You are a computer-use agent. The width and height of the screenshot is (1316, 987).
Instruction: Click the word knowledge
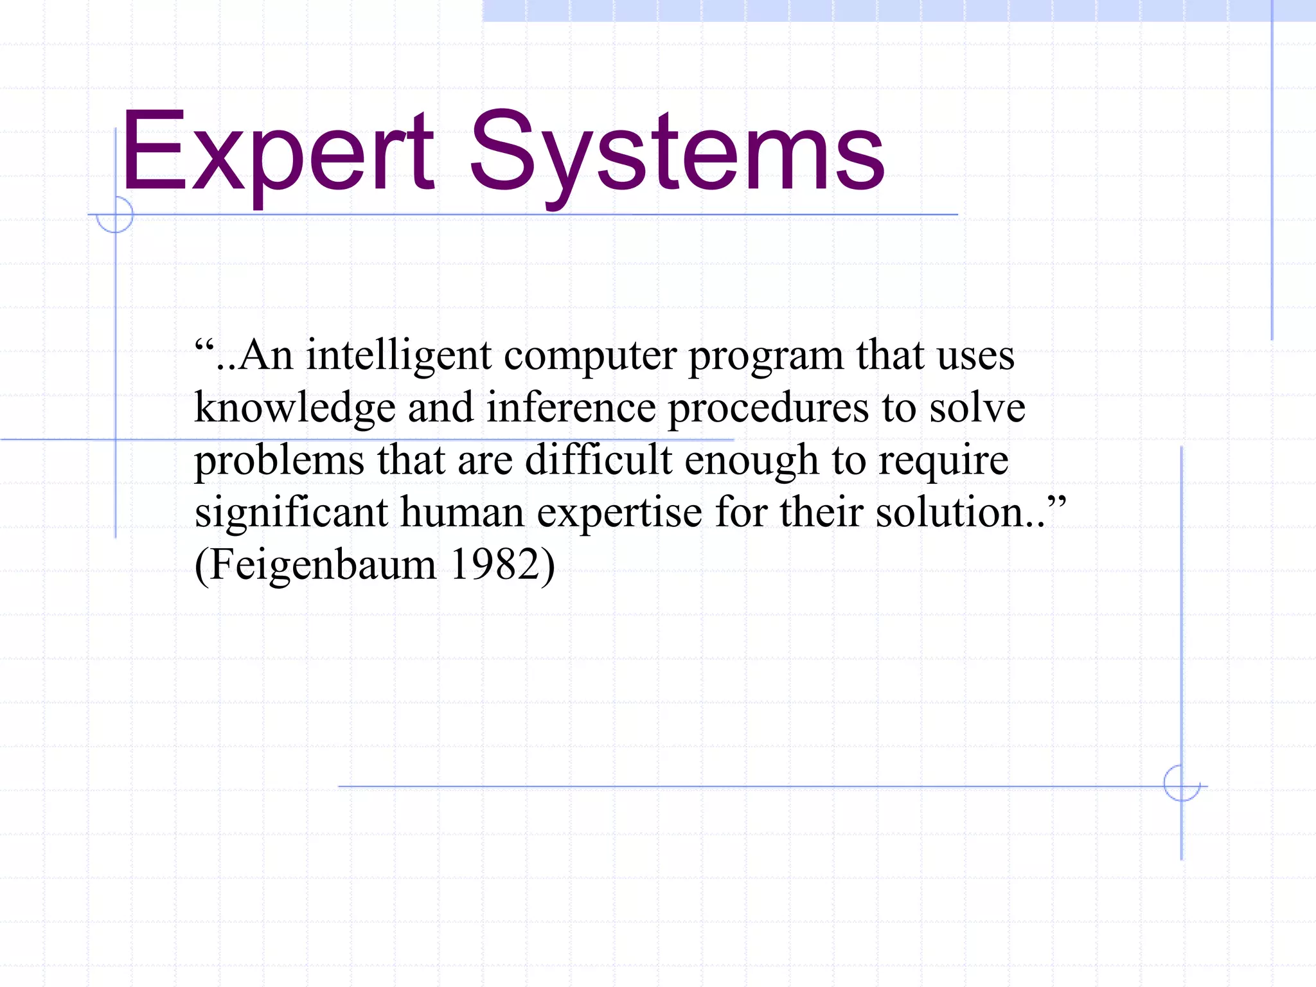pyautogui.click(x=295, y=408)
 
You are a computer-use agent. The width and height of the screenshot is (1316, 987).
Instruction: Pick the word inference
pyautogui.click(x=571, y=408)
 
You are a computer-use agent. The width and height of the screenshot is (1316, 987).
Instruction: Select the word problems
pyautogui.click(x=280, y=461)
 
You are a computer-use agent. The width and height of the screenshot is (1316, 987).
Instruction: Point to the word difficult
pyautogui.click(x=598, y=460)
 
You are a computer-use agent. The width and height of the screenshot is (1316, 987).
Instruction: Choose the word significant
pyautogui.click(x=291, y=513)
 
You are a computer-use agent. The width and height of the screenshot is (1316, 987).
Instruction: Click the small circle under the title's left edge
pyautogui.click(x=115, y=215)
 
